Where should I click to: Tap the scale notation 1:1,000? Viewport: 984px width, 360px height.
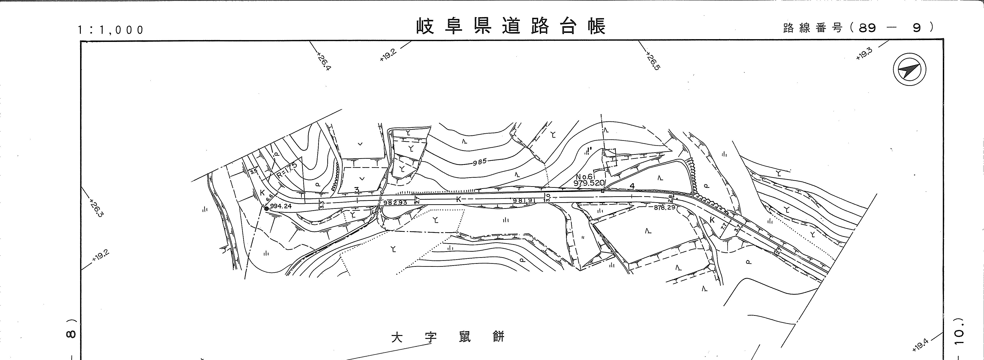(111, 30)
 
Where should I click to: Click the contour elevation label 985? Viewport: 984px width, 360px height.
(479, 161)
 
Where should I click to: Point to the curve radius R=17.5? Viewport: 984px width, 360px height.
(287, 170)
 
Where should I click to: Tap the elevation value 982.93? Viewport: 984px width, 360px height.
(395, 202)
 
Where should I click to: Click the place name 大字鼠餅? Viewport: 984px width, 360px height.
(448, 337)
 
